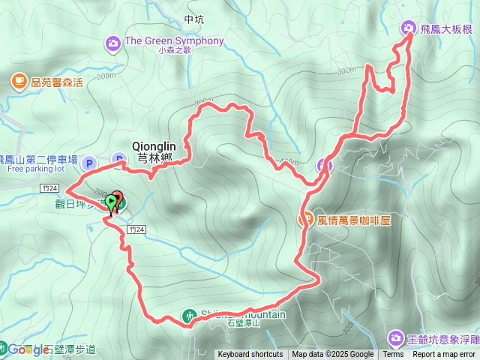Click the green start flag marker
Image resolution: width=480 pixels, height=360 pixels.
pos(111,202)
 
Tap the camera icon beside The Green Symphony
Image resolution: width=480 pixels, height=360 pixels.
pos(112,42)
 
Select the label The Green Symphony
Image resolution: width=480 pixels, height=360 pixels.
pos(174,41)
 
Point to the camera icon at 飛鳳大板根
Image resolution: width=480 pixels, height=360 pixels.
pos(409,28)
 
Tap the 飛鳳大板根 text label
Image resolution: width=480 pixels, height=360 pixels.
pos(446,29)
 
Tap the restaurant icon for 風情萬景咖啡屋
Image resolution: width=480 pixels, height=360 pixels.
pos(306,220)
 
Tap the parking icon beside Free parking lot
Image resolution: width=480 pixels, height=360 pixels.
pos(89,162)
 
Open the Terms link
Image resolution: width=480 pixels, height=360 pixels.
pos(393,355)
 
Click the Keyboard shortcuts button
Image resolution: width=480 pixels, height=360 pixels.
pos(250,355)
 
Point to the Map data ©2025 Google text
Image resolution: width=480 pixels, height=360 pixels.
pos(332,355)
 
